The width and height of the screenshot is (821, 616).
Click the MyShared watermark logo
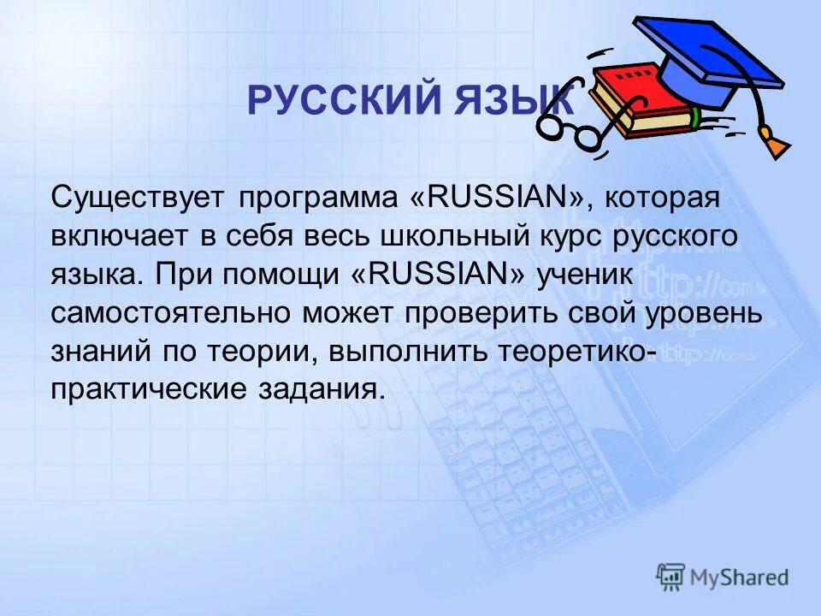(723, 577)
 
